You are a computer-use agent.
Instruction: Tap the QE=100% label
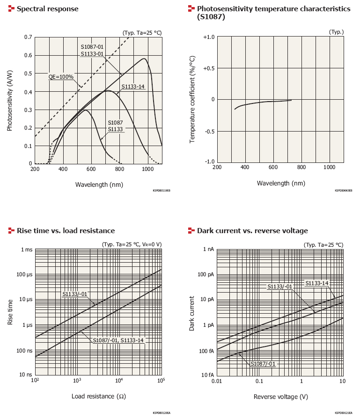click(61, 76)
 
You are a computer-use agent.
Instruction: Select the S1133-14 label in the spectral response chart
click(133, 87)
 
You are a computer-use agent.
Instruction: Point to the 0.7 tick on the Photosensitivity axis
click(28, 37)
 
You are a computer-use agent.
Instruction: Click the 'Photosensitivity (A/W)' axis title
click(9, 100)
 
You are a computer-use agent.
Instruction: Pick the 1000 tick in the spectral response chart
click(147, 169)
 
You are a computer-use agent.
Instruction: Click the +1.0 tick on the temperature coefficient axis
click(209, 37)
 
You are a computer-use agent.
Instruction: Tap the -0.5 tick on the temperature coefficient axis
click(209, 131)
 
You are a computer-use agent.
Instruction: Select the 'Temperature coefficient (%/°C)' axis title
click(192, 100)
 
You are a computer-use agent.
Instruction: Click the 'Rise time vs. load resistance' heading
click(66, 230)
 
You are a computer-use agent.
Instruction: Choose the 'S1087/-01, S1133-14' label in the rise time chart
click(118, 340)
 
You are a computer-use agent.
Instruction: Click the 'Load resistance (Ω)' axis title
click(98, 396)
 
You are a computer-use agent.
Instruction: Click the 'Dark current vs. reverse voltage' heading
click(252, 230)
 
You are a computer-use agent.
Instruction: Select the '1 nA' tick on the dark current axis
click(208, 249)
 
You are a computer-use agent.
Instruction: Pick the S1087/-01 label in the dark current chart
click(263, 364)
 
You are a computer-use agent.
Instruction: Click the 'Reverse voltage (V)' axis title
click(280, 397)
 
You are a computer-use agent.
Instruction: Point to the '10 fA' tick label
click(208, 375)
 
